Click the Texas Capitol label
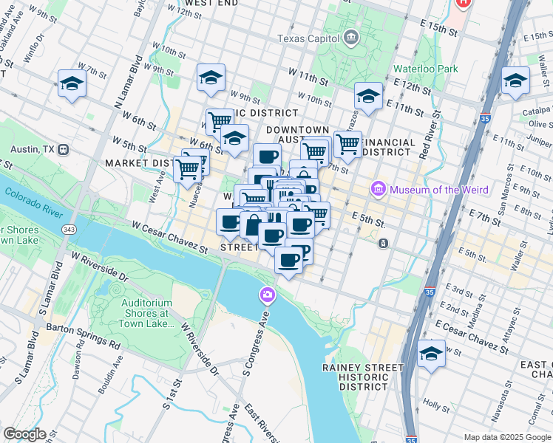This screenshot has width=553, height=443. point(308,38)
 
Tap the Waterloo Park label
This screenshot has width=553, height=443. point(427,69)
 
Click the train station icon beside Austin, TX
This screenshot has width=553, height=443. point(64,149)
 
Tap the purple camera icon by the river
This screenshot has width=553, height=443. point(267,296)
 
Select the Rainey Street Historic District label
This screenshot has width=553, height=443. point(363,377)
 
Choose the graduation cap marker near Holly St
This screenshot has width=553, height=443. point(432,354)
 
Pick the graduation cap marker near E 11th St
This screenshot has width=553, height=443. point(368,96)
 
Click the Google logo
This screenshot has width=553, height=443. point(25,433)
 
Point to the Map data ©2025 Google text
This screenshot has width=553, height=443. point(507,437)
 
